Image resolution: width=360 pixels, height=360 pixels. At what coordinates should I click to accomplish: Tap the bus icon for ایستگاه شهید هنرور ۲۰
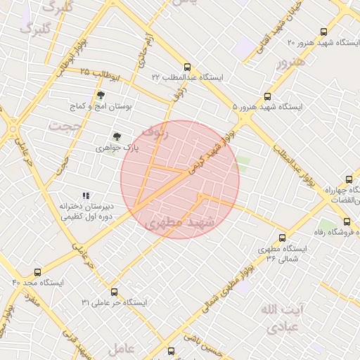tap(323, 32)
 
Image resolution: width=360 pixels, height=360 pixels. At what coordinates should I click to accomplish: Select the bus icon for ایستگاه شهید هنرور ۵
tap(267, 96)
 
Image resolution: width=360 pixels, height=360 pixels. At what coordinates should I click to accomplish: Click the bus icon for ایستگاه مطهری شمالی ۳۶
tap(283, 238)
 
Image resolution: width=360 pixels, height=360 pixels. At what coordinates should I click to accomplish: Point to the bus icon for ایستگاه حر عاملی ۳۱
tap(114, 292)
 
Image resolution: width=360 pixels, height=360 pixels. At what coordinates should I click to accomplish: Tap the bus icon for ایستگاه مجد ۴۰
tap(37, 272)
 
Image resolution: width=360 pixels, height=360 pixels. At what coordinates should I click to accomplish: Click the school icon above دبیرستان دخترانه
tap(86, 195)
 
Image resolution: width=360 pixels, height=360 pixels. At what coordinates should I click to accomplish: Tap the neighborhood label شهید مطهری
tap(177, 223)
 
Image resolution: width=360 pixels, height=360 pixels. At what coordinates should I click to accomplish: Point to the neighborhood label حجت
tap(65, 125)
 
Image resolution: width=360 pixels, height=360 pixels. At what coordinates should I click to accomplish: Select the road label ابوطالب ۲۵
tap(101, 73)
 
